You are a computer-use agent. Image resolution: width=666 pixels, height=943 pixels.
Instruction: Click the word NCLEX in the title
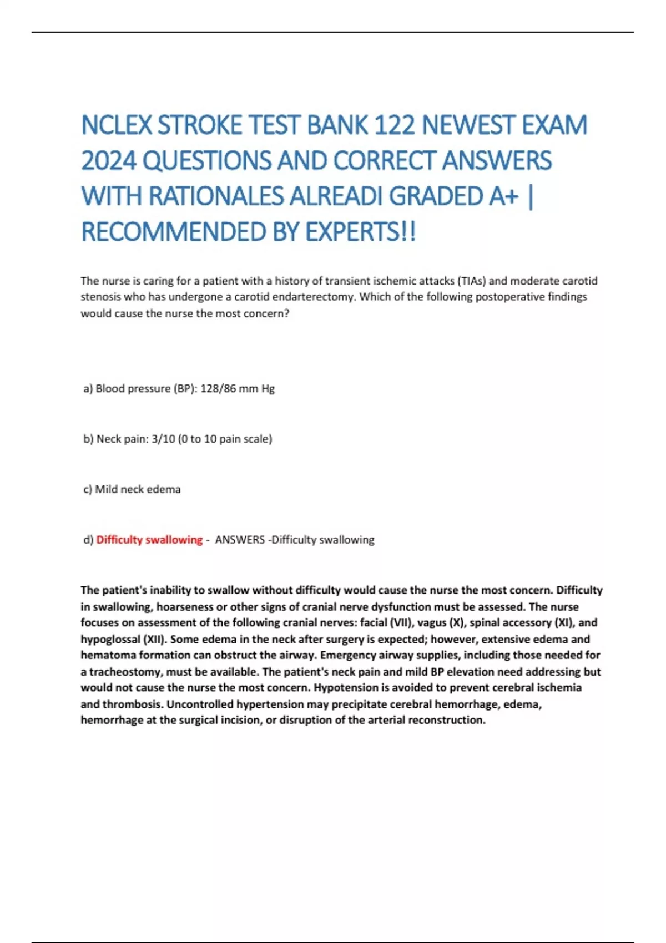tap(117, 125)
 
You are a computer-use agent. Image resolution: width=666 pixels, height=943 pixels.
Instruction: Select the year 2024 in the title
tap(108, 161)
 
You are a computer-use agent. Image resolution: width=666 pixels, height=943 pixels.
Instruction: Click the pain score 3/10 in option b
tap(163, 439)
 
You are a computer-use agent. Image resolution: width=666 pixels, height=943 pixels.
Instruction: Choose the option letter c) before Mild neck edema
tap(88, 489)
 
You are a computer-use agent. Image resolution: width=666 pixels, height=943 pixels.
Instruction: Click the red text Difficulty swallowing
tap(149, 540)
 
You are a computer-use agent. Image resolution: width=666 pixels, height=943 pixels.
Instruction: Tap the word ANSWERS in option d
tap(240, 540)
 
